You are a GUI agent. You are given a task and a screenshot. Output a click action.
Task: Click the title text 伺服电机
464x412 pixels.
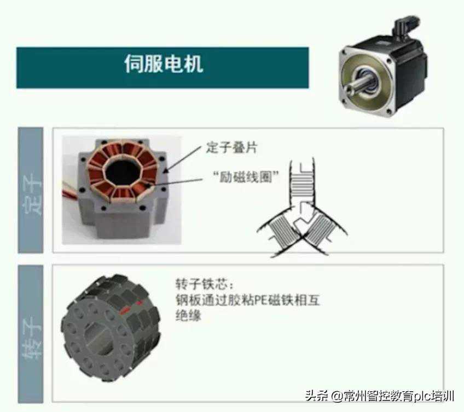pyautogui.click(x=163, y=64)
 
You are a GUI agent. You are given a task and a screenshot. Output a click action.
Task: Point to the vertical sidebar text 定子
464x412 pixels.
pyautogui.click(x=31, y=191)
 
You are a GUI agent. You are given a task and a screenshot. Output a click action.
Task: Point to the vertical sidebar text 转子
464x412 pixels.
pyautogui.click(x=31, y=333)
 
